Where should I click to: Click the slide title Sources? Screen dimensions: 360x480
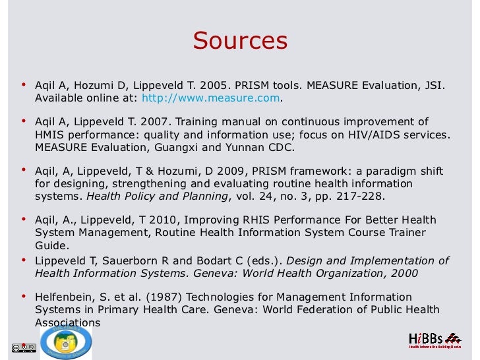point(240,41)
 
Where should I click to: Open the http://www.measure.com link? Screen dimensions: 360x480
point(211,98)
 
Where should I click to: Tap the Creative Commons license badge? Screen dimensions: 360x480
point(22,347)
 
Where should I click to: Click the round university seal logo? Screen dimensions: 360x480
point(66,342)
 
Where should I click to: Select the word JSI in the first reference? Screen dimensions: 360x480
point(434,86)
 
